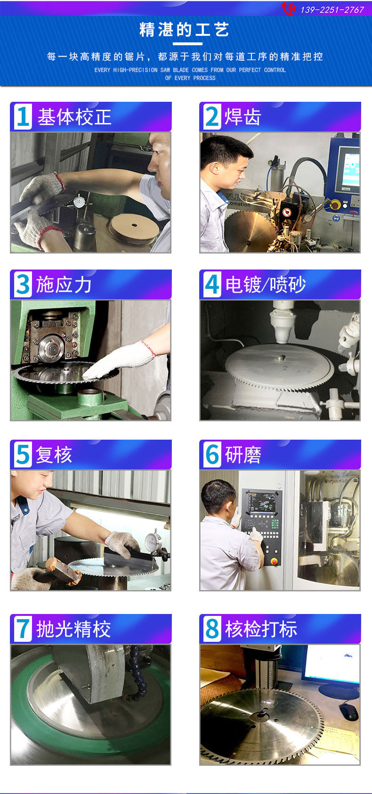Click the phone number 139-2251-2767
click(x=332, y=10)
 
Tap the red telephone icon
click(x=288, y=9)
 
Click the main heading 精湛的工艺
click(x=184, y=30)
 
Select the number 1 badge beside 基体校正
click(x=23, y=116)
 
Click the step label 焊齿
click(x=243, y=116)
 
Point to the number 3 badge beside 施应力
click(x=23, y=284)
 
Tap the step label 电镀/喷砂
click(x=266, y=284)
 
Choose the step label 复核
click(x=54, y=454)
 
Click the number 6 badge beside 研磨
click(x=212, y=454)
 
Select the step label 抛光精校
click(x=73, y=629)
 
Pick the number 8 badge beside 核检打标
click(x=212, y=629)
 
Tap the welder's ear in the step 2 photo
click(x=213, y=168)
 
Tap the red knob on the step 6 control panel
click(x=274, y=562)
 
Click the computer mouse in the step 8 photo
click(x=348, y=712)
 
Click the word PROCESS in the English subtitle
click(x=204, y=78)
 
